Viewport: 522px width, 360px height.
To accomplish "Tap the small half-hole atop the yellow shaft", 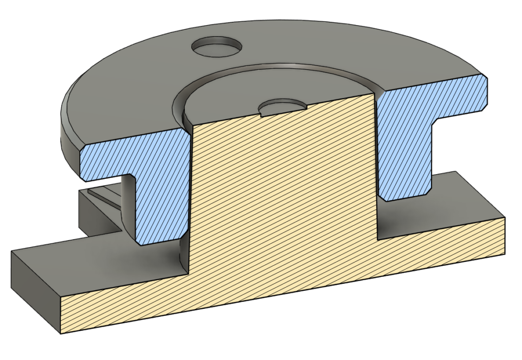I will (282, 108).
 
